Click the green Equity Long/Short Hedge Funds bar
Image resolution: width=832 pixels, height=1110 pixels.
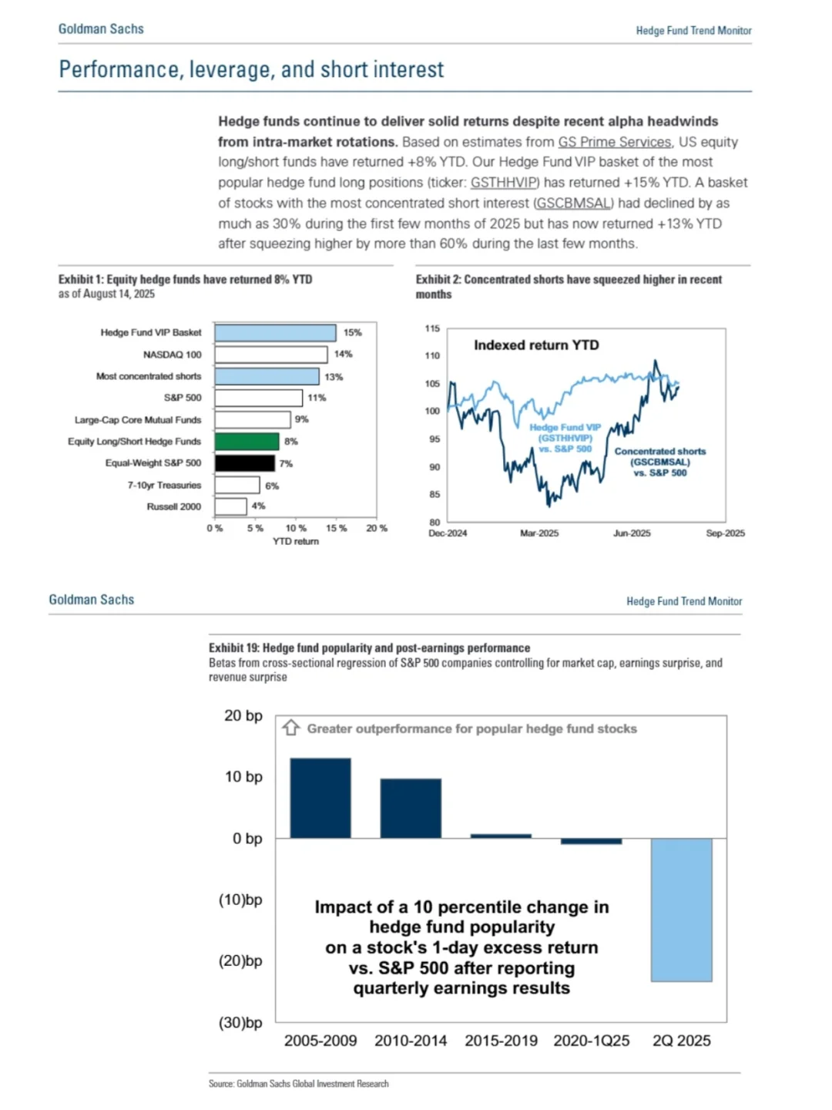247,442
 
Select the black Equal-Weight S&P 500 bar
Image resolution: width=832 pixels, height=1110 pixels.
244,463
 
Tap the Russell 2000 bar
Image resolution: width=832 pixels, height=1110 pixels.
230,506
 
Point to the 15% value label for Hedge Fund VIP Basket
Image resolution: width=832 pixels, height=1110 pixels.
352,333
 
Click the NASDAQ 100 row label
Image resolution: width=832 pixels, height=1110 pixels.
172,355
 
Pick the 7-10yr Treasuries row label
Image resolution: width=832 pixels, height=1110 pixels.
164,485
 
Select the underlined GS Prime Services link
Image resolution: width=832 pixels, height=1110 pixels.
614,142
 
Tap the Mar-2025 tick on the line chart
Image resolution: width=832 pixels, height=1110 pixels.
539,533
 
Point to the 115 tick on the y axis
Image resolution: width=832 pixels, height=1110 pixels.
432,328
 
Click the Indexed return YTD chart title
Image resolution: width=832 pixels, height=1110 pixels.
536,345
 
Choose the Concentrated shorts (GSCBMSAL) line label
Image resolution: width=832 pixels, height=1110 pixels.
660,462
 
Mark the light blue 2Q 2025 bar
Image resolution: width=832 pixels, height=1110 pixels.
681,910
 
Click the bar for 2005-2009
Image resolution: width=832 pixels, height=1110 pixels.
320,798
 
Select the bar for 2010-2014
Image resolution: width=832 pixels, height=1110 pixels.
411,808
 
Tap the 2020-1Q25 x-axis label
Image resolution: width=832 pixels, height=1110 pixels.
591,1041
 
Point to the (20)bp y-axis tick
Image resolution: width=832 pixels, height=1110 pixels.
240,961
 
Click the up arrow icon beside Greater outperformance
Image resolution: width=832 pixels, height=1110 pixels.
290,728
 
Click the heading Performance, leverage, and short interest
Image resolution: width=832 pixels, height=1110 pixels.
251,70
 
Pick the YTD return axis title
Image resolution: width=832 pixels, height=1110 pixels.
296,542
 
